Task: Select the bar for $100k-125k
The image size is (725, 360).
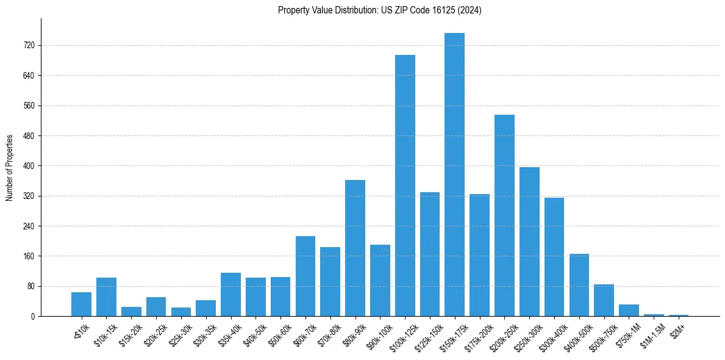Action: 405,185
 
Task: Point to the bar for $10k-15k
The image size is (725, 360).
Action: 106,297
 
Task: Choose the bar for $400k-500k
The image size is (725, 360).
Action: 579,285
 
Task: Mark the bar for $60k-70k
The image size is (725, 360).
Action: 305,276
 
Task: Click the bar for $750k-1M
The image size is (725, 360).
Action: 629,310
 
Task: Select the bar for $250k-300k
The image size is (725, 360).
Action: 529,242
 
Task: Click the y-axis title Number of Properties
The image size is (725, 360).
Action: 9,168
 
